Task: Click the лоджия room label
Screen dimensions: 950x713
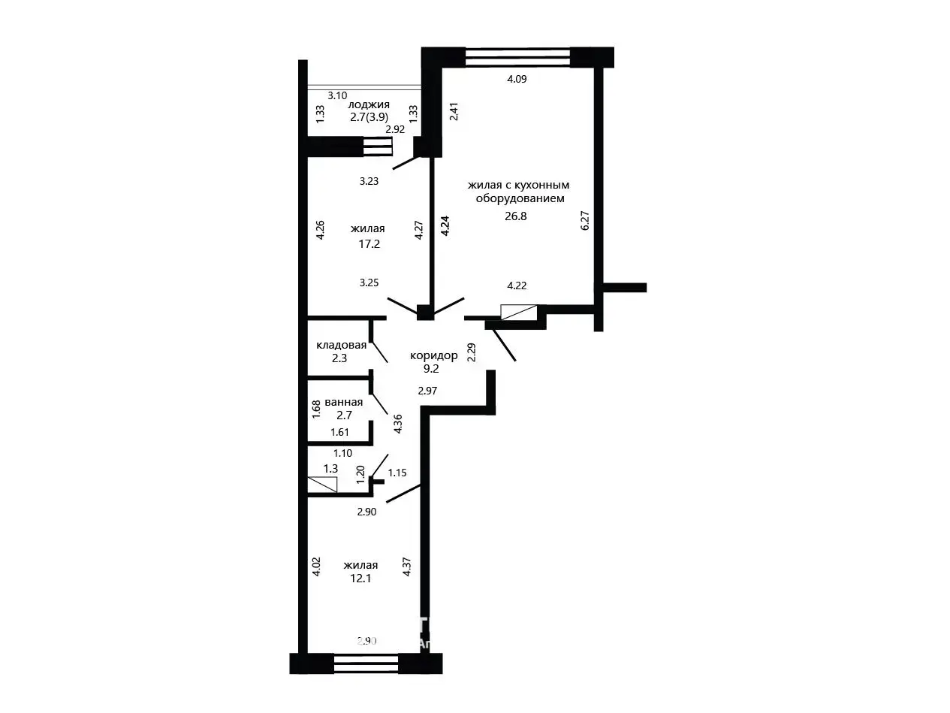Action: tap(368, 104)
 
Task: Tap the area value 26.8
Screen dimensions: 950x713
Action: tap(515, 216)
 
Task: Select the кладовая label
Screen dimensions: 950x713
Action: tap(341, 345)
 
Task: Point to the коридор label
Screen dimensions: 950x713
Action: tap(433, 356)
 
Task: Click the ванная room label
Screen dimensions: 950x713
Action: tap(344, 402)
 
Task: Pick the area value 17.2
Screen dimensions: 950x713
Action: tap(369, 243)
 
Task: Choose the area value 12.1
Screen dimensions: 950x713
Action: tap(360, 579)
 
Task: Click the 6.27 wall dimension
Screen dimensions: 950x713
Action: tap(585, 220)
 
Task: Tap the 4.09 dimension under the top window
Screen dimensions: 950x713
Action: tap(517, 79)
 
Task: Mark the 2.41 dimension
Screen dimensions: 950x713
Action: tap(454, 111)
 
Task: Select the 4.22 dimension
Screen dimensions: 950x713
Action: tap(517, 286)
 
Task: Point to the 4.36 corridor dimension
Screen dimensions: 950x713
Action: tap(398, 424)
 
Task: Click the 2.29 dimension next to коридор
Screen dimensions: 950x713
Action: tap(472, 352)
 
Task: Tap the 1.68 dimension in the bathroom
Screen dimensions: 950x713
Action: tap(316, 409)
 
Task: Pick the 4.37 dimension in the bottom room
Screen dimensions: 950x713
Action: tap(406, 566)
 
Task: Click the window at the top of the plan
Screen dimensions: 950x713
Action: tap(517, 57)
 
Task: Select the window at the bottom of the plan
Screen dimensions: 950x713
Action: tap(366, 663)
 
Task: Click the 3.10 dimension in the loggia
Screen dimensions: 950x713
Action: tap(337, 95)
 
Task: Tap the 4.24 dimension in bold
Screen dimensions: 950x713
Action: tap(445, 225)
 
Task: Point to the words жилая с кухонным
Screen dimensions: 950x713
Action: tap(518, 186)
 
